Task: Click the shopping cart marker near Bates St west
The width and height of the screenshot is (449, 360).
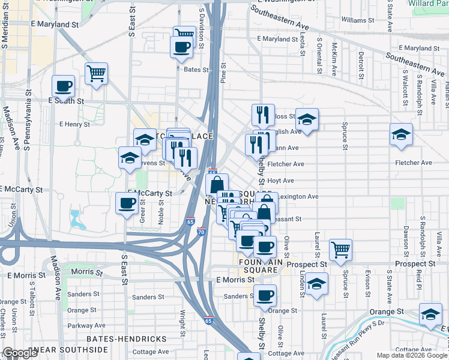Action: coord(96,74)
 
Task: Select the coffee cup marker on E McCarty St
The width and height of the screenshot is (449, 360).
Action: coord(127,203)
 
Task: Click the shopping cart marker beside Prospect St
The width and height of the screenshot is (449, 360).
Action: coord(340,248)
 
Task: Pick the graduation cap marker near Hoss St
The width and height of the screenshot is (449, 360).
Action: coord(306,119)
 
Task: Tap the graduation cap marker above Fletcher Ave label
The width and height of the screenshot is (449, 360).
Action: coord(401,134)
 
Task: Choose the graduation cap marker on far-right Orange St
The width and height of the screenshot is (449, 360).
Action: coord(430,314)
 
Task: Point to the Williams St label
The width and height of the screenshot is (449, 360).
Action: coord(357,20)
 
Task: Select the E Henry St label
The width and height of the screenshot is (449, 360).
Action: coord(74,125)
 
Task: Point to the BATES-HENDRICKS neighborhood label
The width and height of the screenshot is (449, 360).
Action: coord(127,339)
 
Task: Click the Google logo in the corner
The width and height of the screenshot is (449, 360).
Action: coord(19,353)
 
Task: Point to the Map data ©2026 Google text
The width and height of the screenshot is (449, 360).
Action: coord(412,355)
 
